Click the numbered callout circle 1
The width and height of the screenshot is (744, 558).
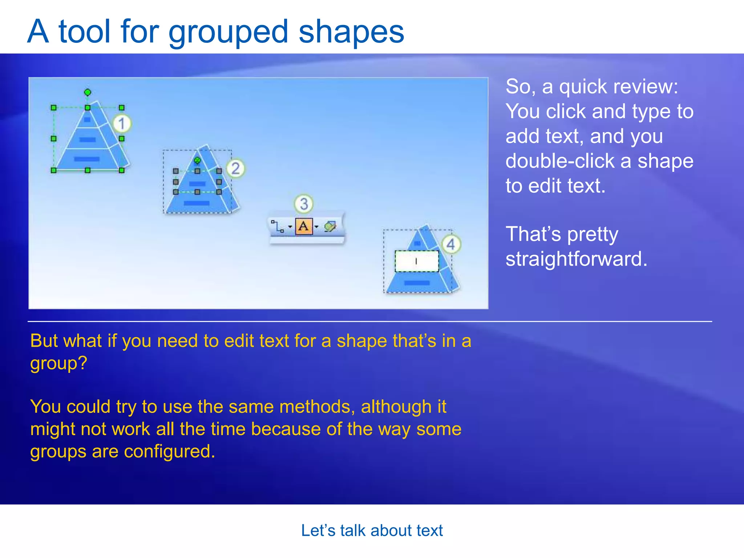click(x=122, y=124)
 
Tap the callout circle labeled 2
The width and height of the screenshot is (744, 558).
click(x=235, y=169)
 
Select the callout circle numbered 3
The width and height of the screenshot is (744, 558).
click(x=304, y=204)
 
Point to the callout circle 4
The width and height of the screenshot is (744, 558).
click(x=450, y=244)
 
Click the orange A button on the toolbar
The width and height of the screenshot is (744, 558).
click(x=304, y=226)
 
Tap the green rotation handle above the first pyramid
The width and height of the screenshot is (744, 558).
click(x=88, y=92)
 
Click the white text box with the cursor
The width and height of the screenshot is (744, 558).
click(x=417, y=261)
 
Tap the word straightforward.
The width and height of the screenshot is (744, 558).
click(x=577, y=259)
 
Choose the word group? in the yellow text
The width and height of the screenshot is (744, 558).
click(x=58, y=363)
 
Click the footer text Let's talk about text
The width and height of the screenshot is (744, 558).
click(x=372, y=530)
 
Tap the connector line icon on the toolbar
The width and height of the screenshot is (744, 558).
click(x=278, y=226)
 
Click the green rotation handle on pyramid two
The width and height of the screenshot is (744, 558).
click(x=197, y=160)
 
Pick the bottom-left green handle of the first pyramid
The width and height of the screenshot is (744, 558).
click(x=54, y=170)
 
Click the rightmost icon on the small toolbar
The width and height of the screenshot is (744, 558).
click(x=330, y=226)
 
